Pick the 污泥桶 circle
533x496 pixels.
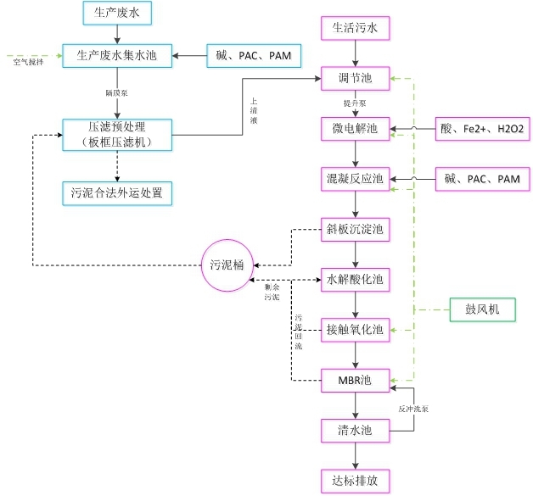point(227,264)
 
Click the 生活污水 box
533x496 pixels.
point(355,29)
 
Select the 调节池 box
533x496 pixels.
point(355,79)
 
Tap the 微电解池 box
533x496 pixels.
point(355,129)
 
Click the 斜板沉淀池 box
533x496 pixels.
point(355,229)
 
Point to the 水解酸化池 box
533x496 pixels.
point(355,278)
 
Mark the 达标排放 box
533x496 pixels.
point(355,480)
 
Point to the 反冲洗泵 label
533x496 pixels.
point(414,409)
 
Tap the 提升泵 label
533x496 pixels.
point(355,103)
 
